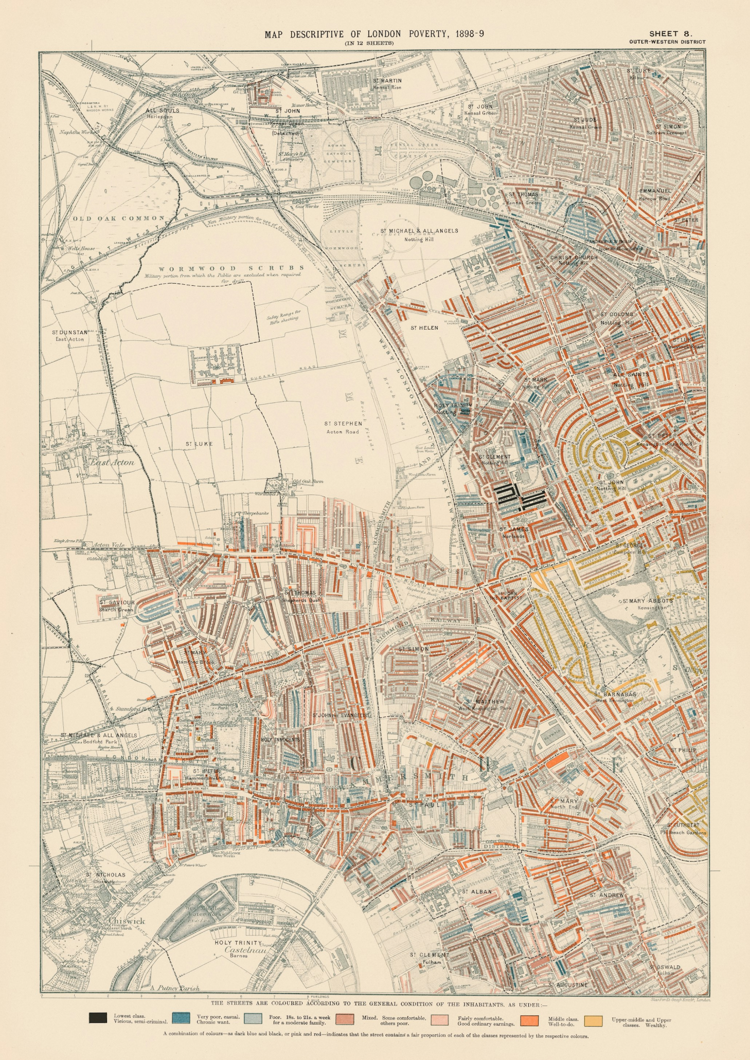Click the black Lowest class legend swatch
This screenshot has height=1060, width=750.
[98, 1017]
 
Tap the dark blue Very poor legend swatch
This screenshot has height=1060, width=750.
[180, 1017]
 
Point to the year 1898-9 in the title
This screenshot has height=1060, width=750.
[466, 34]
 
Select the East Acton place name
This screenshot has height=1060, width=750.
[112, 462]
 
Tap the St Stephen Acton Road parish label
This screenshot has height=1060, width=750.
[343, 427]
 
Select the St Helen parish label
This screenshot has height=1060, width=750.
[424, 327]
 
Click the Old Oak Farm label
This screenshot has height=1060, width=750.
[308, 482]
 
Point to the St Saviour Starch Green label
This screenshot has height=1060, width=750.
[117, 606]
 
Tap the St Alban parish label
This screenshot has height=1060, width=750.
[477, 891]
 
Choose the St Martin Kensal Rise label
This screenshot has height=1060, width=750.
[387, 84]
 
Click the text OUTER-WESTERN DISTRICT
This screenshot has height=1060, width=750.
[667, 42]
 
